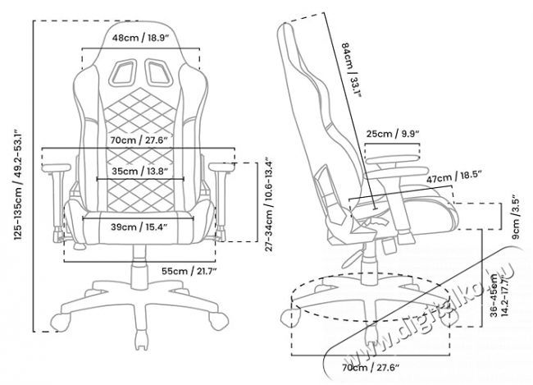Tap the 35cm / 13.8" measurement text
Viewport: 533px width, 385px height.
point(136,171)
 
